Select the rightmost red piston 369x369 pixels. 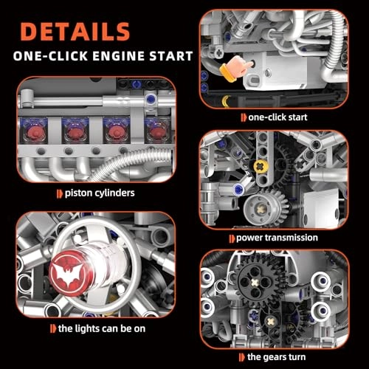tap(156, 130)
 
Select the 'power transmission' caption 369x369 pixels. tap(277, 238)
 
